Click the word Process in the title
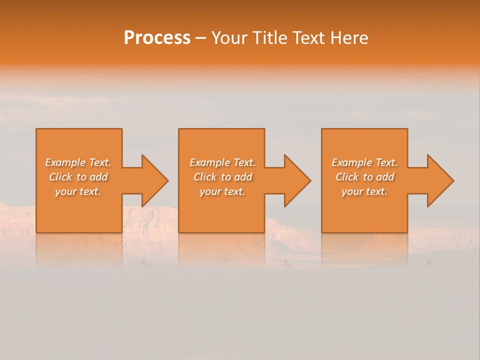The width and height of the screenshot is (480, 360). (157, 38)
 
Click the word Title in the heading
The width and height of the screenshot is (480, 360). (270, 38)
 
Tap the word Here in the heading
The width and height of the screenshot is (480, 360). (349, 38)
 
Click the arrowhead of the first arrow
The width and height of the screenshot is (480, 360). (155, 180)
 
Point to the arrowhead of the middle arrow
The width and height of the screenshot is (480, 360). (297, 180)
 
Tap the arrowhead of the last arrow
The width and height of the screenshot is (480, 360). (440, 180)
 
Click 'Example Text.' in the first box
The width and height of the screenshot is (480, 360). (78, 162)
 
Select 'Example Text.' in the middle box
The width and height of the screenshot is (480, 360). (222, 162)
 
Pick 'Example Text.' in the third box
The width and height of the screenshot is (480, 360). (364, 162)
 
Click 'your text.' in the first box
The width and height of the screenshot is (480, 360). (78, 191)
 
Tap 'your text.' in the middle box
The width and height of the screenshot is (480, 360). (222, 191)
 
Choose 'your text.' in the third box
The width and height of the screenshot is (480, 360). (364, 191)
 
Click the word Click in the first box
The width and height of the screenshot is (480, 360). (60, 177)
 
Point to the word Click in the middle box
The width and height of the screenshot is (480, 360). (205, 177)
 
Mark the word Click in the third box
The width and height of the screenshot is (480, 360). (347, 177)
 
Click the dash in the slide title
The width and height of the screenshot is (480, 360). (200, 38)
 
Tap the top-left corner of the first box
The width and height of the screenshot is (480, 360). (36, 129)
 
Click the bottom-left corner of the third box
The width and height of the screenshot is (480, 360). (322, 232)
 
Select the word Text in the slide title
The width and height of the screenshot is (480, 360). (307, 38)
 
